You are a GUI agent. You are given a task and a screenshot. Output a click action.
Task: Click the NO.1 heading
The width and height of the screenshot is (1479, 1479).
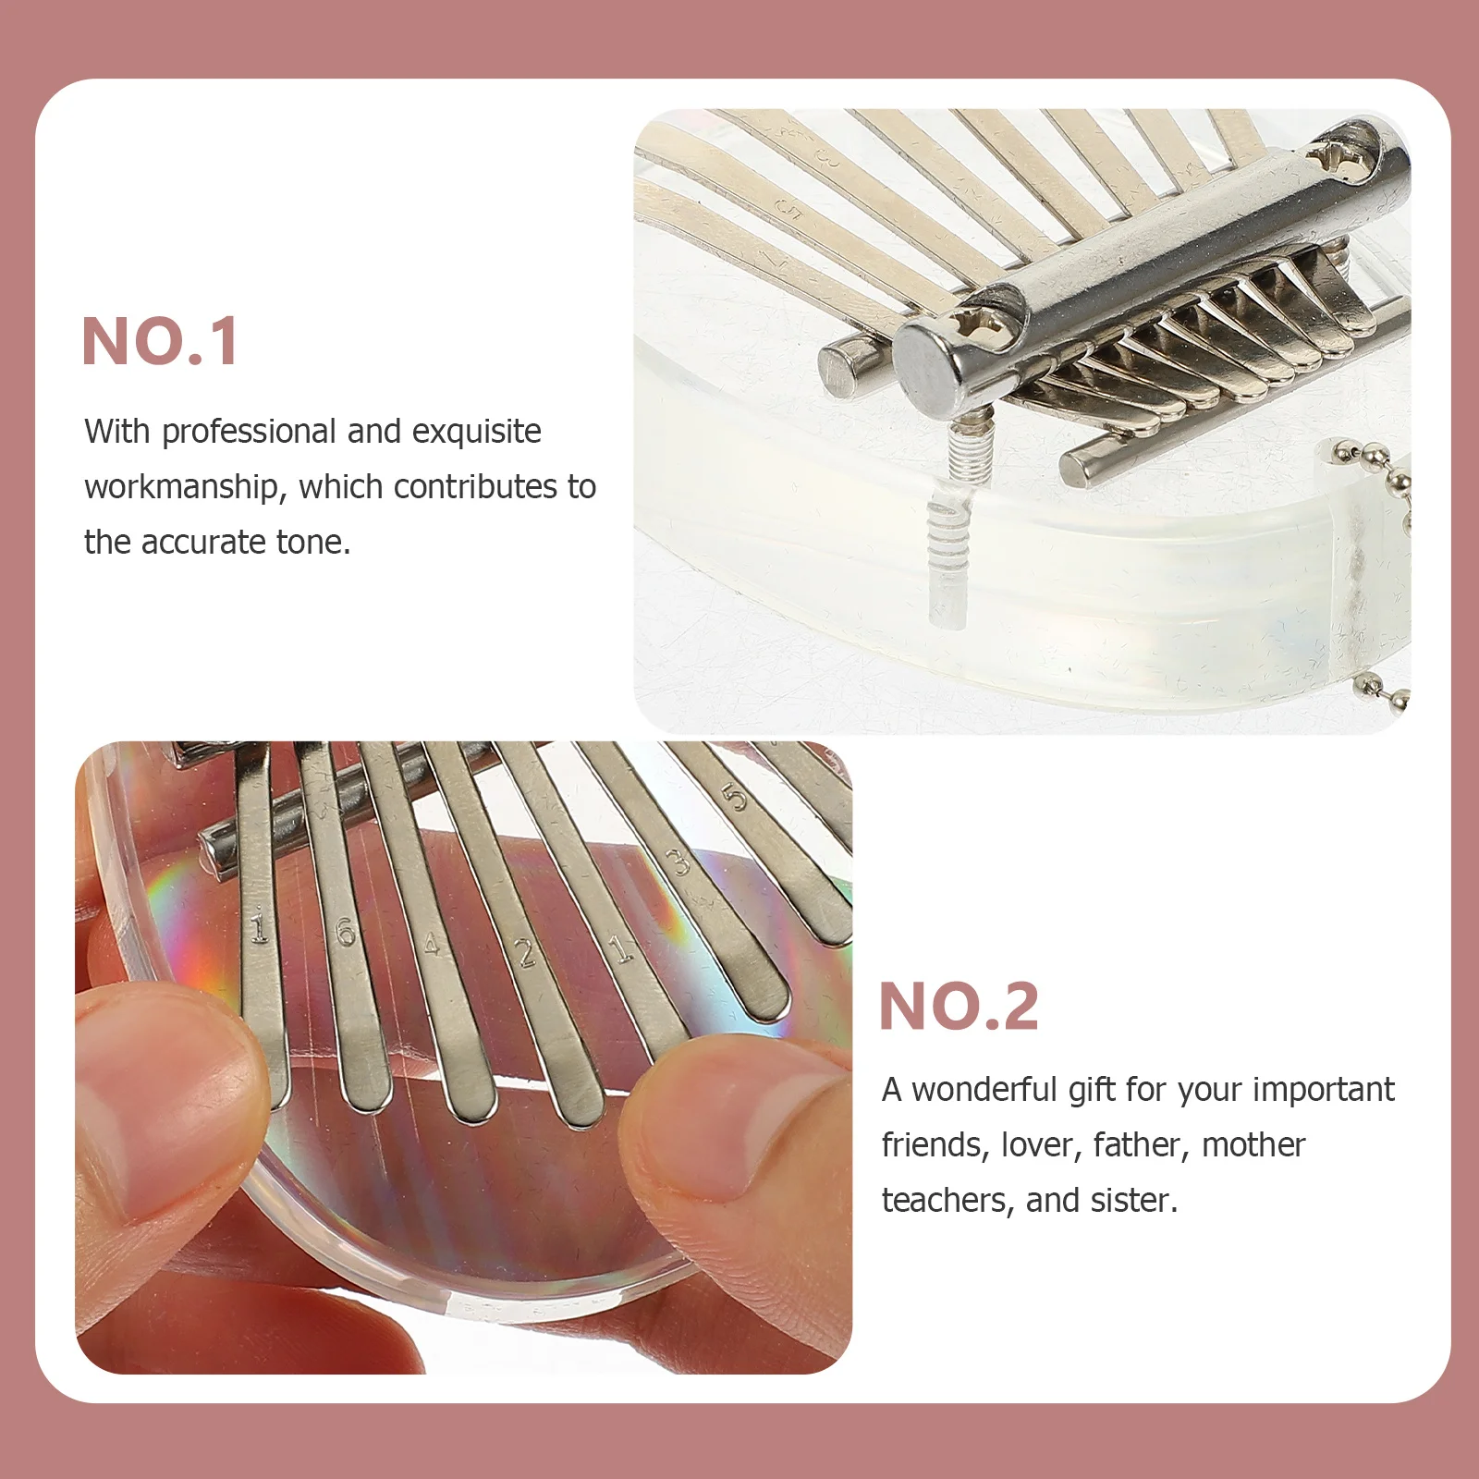coord(160,341)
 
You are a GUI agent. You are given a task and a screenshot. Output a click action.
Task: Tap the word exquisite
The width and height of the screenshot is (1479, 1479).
coord(476,432)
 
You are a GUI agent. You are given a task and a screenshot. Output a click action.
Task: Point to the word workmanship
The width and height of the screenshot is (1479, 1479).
coord(181,487)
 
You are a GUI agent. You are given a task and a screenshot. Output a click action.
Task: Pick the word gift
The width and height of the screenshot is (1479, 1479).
coord(1092,1090)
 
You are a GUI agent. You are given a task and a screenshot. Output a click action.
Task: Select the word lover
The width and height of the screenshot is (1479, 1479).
coord(1041,1145)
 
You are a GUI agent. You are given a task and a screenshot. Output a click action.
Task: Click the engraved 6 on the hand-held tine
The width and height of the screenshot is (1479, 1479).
coord(346,932)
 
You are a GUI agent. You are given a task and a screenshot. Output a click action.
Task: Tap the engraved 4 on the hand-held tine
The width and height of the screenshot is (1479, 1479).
coord(431,945)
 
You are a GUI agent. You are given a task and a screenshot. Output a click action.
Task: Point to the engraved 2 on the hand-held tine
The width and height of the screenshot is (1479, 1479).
coord(526,952)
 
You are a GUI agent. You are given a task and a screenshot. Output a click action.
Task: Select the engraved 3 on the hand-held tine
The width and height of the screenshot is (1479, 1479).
coord(679,862)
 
